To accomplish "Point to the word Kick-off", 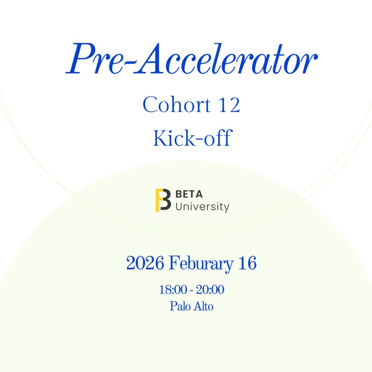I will [192, 138].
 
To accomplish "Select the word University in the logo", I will [202, 206].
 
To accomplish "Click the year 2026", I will [145, 264].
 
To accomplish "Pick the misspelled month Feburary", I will [201, 264].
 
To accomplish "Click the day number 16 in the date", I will [246, 264].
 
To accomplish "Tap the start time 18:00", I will [173, 290].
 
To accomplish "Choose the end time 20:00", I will [210, 290].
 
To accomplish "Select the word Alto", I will [203, 306].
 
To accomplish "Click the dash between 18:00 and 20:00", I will [191, 291].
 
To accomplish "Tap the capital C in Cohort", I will [150, 105].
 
